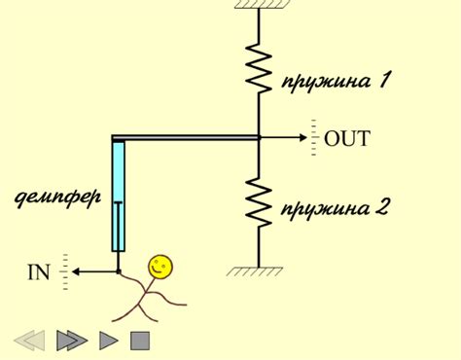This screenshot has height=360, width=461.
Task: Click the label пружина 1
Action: tap(336, 81)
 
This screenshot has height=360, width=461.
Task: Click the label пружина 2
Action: tap(335, 208)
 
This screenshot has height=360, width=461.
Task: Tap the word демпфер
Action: tap(58, 198)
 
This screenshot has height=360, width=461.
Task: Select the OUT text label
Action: tap(347, 138)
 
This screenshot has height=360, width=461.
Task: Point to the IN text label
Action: tap(38, 271)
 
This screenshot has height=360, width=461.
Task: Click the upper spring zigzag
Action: tap(259, 67)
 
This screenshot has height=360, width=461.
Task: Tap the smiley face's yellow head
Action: tap(160, 265)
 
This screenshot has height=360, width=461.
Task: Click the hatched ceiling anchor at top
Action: tap(259, 5)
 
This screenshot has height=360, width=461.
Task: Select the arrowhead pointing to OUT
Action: tap(301, 137)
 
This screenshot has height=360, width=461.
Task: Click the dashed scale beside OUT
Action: tap(314, 137)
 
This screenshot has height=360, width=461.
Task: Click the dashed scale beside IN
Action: tap(65, 271)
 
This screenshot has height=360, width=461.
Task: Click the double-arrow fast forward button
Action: tap(72, 340)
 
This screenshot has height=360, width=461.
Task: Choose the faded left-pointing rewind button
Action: tap(29, 340)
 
